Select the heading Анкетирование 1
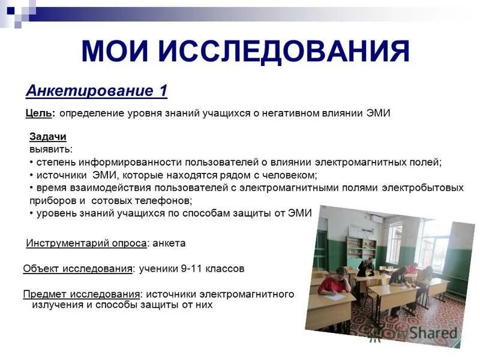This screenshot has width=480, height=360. coord(97,91)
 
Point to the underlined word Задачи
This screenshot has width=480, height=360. coord(48,137)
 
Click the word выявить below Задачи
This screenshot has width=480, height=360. coord(50,149)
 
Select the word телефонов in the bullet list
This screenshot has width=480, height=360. coord(160,200)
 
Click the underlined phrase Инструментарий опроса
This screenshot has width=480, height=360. coord(87,243)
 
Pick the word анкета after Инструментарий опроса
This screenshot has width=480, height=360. coord(169,243)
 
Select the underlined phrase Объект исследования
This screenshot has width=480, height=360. coord(78,269)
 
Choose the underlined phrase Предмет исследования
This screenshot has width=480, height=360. coord(82,294)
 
